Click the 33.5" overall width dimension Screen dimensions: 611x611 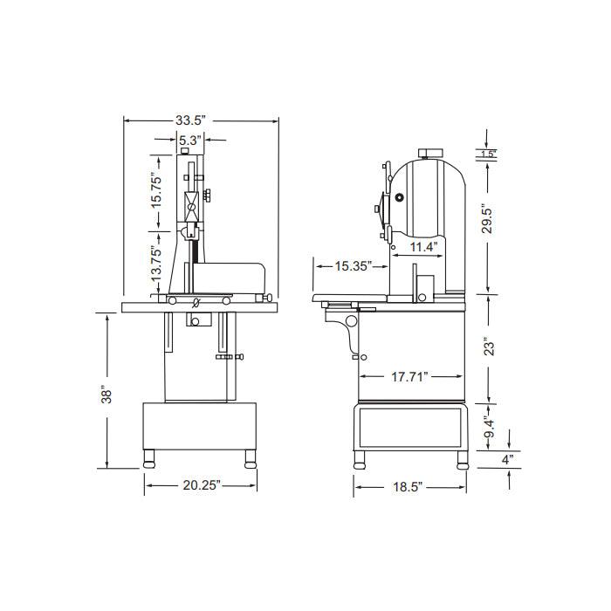tap(190, 120)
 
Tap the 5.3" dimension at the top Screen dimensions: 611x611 tap(190, 140)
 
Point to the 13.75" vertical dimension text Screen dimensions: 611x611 tap(156, 264)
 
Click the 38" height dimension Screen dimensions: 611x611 tap(106, 395)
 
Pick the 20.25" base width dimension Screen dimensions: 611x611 tap(202, 485)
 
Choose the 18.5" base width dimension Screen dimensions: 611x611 tap(408, 487)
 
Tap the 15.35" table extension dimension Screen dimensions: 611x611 tap(354, 266)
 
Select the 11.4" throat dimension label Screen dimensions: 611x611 tap(423, 247)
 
